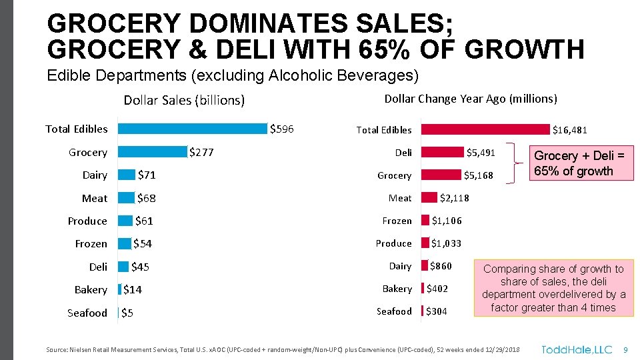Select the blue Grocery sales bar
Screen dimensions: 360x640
pos(151,152)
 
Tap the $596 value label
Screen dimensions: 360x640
pos(281,129)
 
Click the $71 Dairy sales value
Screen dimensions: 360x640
pos(147,175)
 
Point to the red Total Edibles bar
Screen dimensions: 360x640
pos(486,130)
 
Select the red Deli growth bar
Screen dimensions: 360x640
pos(443,153)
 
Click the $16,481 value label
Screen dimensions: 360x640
pos(569,130)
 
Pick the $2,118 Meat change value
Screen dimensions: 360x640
pos(455,198)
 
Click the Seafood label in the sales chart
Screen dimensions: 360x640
pos(87,313)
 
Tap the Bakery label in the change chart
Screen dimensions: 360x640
pos(397,289)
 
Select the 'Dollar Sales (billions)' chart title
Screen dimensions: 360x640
pos(184,101)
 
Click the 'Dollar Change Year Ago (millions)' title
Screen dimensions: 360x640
pos(471,99)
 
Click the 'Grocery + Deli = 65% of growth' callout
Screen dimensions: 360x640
pos(579,163)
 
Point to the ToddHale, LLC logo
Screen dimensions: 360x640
pos(576,349)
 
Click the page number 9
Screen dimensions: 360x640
pos(625,349)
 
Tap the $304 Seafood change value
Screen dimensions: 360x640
pos(437,311)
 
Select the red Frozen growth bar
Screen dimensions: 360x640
pos(425,221)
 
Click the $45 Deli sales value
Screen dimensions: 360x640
pos(140,267)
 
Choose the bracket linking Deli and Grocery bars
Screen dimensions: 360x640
pos(513,163)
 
